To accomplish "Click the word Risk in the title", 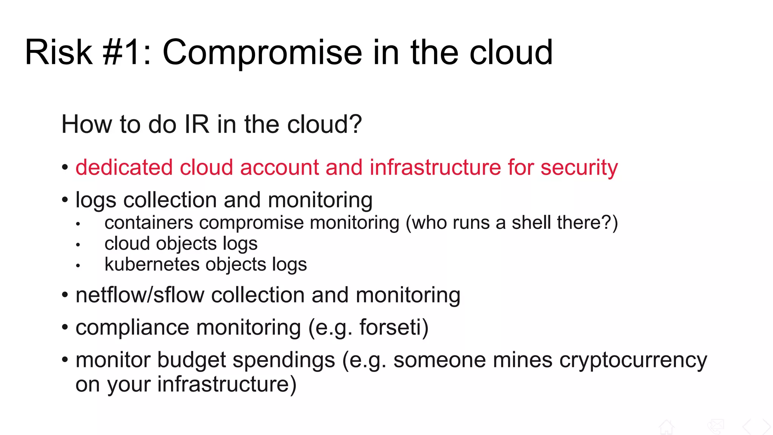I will point(59,52).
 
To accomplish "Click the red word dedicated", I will point(124,167).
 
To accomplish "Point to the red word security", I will point(579,168).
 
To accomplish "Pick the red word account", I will point(279,167).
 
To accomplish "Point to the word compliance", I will point(132,328).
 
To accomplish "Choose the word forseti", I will point(390,327).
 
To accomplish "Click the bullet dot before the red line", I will point(65,167).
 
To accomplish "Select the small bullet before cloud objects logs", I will point(78,245).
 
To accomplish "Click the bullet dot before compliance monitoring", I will point(65,327).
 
